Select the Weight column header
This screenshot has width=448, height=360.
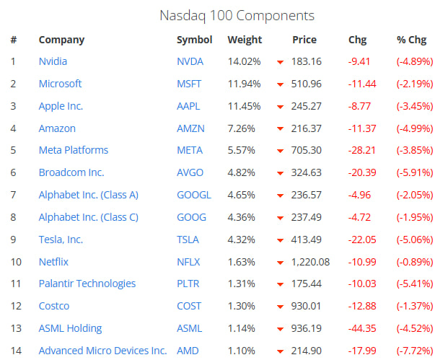[x=245, y=40]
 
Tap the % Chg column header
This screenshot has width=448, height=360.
[x=411, y=40]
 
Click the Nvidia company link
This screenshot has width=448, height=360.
[x=53, y=61]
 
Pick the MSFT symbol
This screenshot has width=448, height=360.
[x=189, y=84]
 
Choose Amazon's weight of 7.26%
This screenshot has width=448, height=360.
[x=244, y=128]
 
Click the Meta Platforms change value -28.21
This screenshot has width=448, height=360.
[x=362, y=150]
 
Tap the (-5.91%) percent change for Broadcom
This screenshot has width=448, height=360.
[x=415, y=172]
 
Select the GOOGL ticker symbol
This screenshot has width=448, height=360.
[x=194, y=195]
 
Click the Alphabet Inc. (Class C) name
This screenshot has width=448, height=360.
[x=88, y=217]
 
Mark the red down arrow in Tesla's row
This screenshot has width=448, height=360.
[x=280, y=240]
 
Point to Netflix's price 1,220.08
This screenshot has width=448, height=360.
[x=310, y=262]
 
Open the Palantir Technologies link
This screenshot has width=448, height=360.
[x=87, y=284]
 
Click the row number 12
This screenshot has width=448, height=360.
[x=14, y=306]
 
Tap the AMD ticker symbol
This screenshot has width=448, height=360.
[x=188, y=351]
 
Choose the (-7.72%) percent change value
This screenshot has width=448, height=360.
[x=415, y=351]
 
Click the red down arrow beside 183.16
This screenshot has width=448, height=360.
[x=280, y=63]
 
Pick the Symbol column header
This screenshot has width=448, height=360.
[x=194, y=40]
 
